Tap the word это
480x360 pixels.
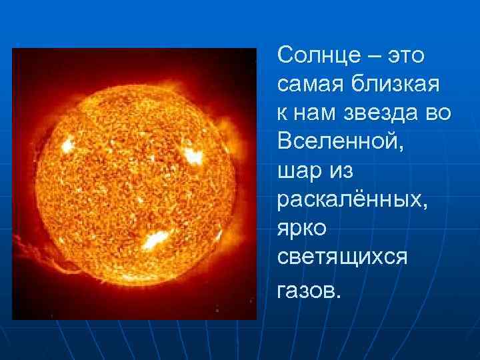pos(403,55)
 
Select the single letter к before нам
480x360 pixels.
pos(283,114)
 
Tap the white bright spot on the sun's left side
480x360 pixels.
pos(67,145)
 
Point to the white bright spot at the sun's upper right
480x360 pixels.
pos(193,156)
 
